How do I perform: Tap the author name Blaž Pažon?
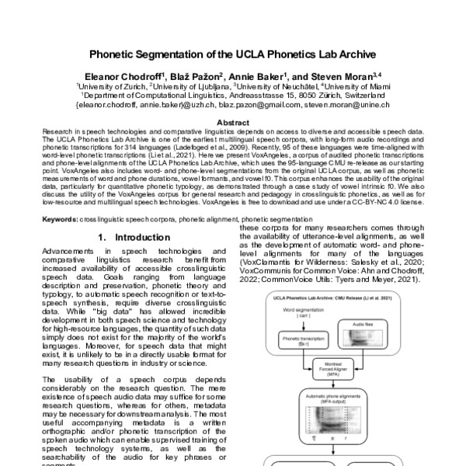[x=200, y=78]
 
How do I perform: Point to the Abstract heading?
[x=232, y=123]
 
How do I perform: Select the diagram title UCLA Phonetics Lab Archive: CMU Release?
[x=325, y=297]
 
